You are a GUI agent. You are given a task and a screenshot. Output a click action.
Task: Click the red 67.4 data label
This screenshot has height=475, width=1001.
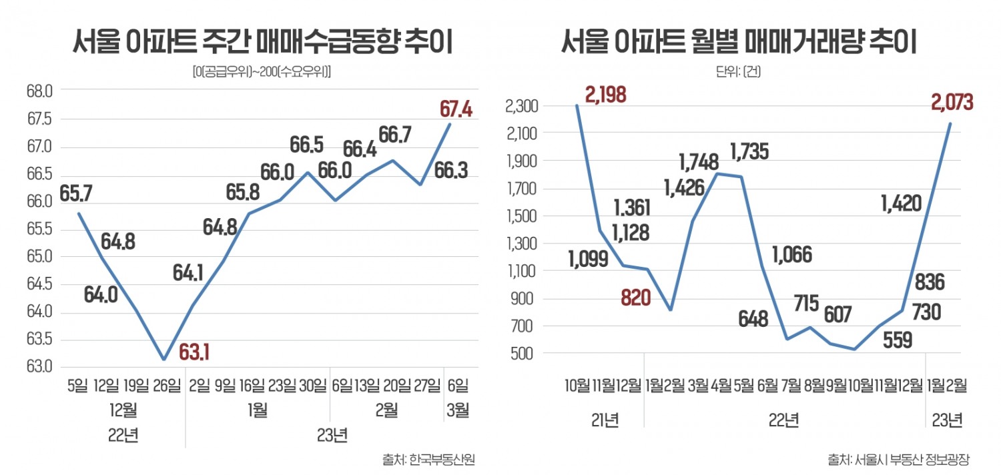pos(456,109)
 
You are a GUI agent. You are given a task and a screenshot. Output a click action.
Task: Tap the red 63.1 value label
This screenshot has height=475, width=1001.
pos(194,350)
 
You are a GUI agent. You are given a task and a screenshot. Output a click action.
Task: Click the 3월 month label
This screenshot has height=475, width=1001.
pos(458,410)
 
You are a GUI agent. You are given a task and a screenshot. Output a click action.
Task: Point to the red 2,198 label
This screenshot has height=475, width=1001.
pos(606,95)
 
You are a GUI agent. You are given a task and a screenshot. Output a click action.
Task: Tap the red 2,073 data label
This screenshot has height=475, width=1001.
pos(952,103)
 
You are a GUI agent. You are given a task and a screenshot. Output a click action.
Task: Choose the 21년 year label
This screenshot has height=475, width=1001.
pos(604,420)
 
